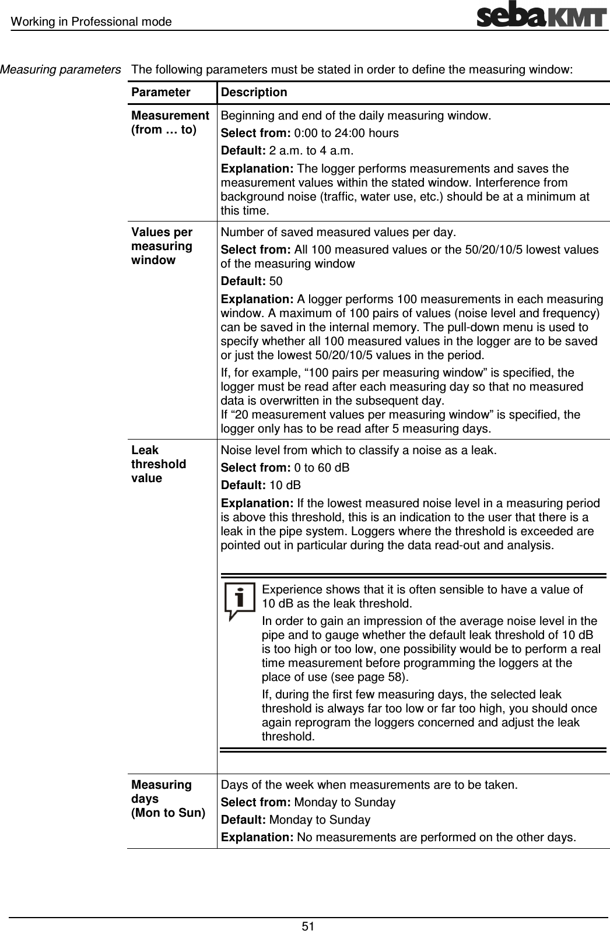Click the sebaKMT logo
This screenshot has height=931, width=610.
[x=542, y=15]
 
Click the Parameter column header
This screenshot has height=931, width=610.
[x=160, y=93]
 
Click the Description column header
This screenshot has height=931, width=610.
[x=254, y=93]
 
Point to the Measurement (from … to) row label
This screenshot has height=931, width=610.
[x=170, y=122]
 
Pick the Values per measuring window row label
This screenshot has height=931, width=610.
[x=162, y=246]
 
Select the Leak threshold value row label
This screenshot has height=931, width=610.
[x=159, y=464]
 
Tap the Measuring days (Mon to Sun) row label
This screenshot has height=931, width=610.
[x=168, y=799]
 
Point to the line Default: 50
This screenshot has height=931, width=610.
[x=251, y=282]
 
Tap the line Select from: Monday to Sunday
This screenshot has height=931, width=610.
[x=307, y=802]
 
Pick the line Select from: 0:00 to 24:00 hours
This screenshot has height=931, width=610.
[x=309, y=133]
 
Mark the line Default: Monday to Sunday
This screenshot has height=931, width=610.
[x=295, y=820]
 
